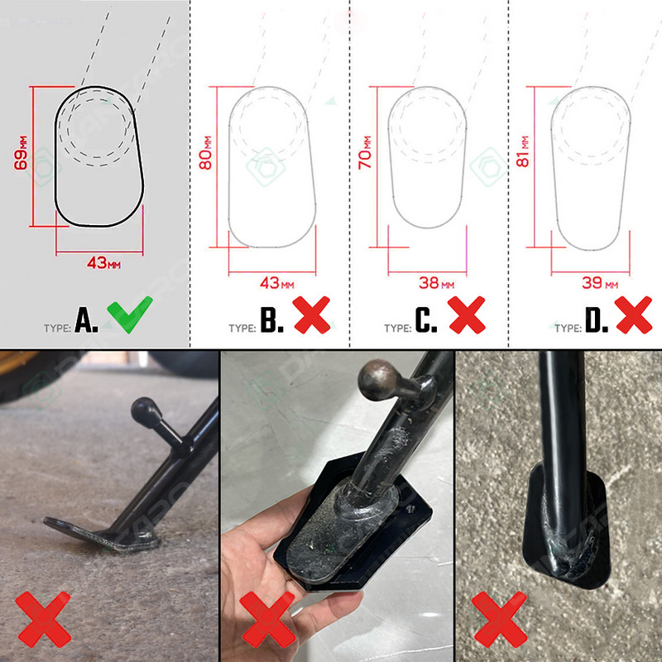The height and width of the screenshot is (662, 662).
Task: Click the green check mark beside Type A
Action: (x=130, y=314)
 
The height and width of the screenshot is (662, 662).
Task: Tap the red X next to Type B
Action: (x=312, y=315)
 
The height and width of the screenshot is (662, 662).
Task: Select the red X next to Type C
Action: (x=467, y=315)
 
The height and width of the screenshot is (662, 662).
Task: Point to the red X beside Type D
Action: (x=633, y=315)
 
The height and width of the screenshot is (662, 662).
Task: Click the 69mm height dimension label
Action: (x=21, y=153)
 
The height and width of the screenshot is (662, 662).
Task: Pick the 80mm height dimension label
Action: (x=205, y=153)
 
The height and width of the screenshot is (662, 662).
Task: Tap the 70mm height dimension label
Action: (x=365, y=153)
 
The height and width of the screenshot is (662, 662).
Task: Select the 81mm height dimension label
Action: (x=522, y=151)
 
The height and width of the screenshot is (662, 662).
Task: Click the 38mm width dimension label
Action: (x=437, y=283)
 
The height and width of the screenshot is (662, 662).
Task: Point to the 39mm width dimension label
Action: (x=600, y=283)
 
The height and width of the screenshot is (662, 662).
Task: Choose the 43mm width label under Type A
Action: (x=104, y=263)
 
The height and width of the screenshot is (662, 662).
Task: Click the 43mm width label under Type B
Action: (x=277, y=283)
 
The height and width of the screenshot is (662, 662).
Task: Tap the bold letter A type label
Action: (x=86, y=319)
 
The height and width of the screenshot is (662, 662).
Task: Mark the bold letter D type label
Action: (x=597, y=319)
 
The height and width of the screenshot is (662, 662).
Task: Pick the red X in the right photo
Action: (x=499, y=620)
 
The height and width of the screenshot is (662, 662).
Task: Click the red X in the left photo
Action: (x=43, y=620)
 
